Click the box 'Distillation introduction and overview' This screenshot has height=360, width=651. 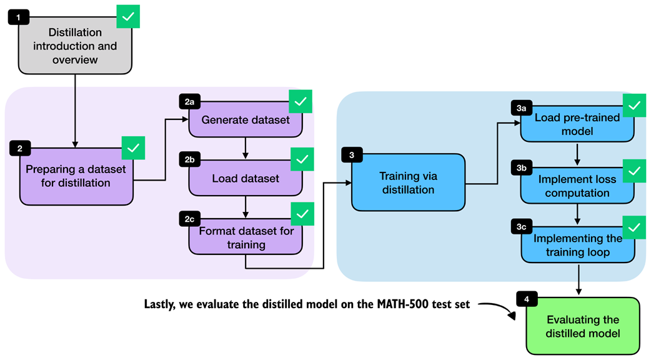click(x=74, y=46)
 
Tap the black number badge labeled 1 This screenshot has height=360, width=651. click(x=18, y=17)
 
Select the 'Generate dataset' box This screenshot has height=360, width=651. click(x=246, y=119)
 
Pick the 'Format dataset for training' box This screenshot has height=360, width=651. click(x=246, y=238)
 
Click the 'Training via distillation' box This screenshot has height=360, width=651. click(x=408, y=181)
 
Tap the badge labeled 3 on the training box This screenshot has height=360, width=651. click(x=352, y=154)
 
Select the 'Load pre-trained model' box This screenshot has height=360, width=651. click(x=577, y=124)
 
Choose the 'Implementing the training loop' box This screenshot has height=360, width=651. click(x=577, y=246)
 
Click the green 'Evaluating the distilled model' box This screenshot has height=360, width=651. click(x=582, y=326)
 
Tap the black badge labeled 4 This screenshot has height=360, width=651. click(x=527, y=299)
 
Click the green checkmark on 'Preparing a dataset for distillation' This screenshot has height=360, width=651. click(x=133, y=148)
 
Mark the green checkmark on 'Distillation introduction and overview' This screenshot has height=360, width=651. click(x=128, y=17)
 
